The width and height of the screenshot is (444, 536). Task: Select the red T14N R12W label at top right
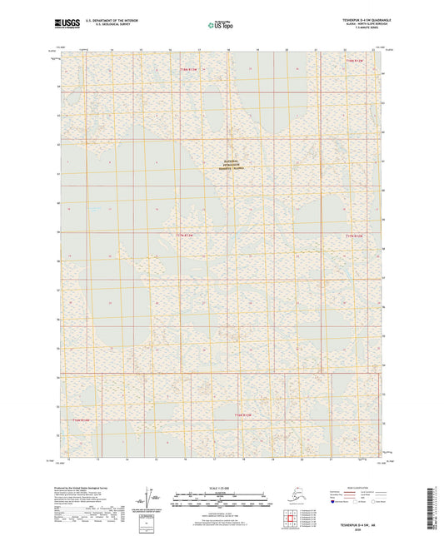(356, 61)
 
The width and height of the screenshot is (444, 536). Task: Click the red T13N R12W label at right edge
(356, 236)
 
